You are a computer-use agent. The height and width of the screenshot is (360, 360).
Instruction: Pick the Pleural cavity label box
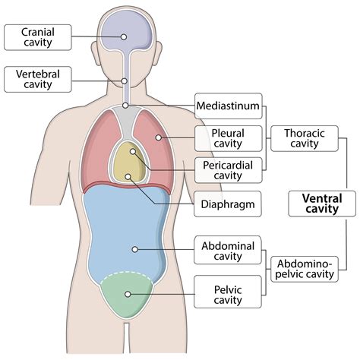pos(228,138)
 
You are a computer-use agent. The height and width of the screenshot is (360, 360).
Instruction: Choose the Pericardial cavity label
pos(228,171)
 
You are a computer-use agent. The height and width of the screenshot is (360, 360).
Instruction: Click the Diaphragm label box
pos(228,204)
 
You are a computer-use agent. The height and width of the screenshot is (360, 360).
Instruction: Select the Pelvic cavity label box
pos(228,292)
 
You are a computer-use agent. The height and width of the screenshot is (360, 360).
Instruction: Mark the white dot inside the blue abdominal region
pos(134,248)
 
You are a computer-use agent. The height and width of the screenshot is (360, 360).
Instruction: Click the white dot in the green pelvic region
pos(128,294)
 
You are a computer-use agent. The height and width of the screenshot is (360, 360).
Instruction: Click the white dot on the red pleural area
pos(158,137)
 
